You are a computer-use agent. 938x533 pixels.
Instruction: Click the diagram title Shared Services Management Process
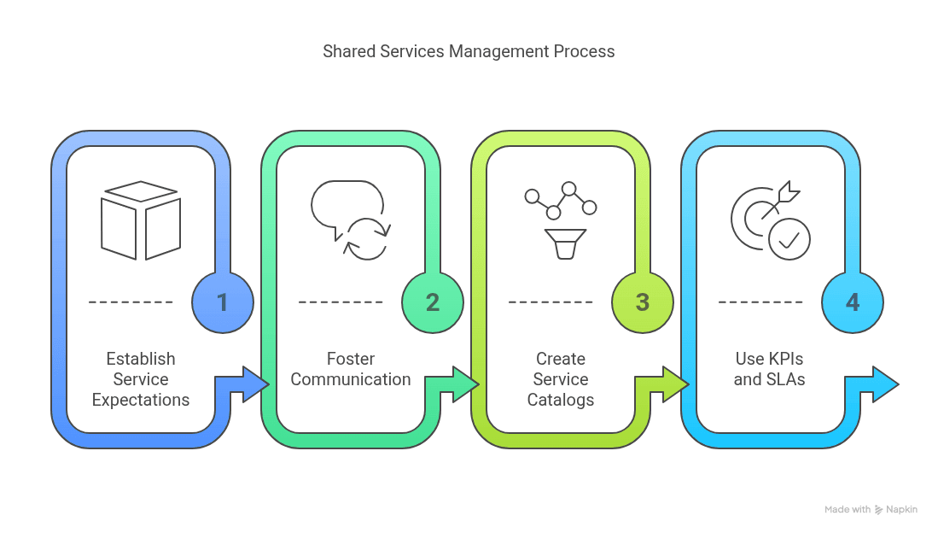(469, 51)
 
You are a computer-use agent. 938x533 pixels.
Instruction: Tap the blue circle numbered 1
(223, 302)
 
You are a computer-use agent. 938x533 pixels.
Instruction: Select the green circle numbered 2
(433, 302)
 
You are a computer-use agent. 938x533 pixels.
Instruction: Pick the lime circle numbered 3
(643, 302)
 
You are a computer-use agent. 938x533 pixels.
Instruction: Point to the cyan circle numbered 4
(853, 302)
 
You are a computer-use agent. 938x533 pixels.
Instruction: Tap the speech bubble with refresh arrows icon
(351, 220)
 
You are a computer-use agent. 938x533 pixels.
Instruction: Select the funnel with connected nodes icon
(561, 220)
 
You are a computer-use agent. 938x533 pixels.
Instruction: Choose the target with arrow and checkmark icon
(771, 220)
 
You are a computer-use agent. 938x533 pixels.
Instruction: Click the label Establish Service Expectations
(141, 379)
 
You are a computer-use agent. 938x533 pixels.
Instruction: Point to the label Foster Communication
(351, 369)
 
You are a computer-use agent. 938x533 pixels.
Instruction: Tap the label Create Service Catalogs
(561, 379)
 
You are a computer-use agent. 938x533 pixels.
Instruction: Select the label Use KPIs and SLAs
(770, 369)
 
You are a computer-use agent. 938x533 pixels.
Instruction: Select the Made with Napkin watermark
(871, 509)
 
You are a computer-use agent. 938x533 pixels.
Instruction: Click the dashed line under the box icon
(131, 302)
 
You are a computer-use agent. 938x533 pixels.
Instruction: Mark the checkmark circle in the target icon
(789, 239)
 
